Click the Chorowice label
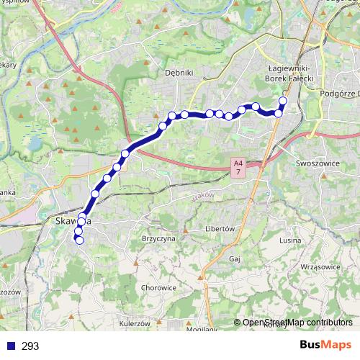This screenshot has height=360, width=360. [160, 287]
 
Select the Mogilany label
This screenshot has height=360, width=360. [201, 330]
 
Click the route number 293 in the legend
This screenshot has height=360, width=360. [30, 346]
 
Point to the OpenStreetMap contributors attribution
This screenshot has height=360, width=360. [297, 323]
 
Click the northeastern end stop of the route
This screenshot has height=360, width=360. [283, 102]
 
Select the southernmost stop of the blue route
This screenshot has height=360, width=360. [79, 240]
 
